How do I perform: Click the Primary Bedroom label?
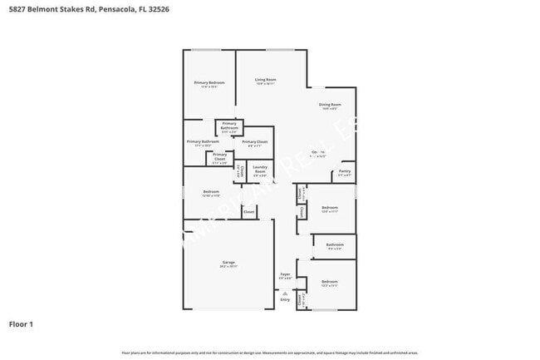209,83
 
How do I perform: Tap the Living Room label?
266,80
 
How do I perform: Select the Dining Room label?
330,105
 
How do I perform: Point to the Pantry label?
345,172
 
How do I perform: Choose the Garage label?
228,263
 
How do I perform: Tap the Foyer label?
285,274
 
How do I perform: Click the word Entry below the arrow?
285,299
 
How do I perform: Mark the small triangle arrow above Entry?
285,293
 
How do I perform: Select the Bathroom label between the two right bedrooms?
335,244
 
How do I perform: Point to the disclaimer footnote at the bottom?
270,353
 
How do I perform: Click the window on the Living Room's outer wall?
279,51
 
